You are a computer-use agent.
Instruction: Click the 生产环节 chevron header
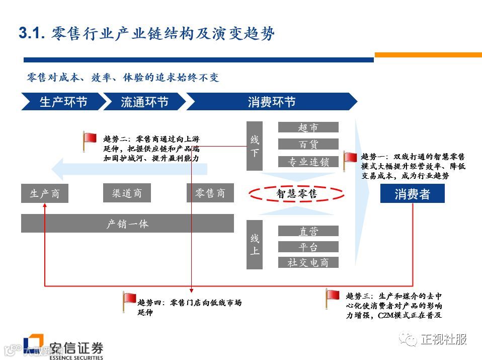click(x=63, y=102)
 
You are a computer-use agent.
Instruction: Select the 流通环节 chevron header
click(x=144, y=102)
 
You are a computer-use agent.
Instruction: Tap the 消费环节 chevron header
click(x=271, y=102)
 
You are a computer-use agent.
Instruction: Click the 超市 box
click(x=308, y=127)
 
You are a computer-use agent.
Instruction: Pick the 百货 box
click(x=308, y=145)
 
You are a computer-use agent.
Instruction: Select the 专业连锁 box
click(x=308, y=162)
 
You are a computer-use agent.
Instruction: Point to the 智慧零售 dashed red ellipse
click(x=296, y=193)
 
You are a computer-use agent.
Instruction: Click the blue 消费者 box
click(x=412, y=193)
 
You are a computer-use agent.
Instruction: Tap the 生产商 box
click(x=44, y=193)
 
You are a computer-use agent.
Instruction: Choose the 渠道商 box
click(x=127, y=193)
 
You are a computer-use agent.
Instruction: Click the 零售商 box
click(x=210, y=193)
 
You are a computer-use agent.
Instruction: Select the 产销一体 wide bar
click(x=127, y=223)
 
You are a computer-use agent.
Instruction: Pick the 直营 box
click(x=308, y=231)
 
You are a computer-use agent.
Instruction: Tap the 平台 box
click(x=308, y=247)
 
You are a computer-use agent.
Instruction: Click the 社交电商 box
click(x=308, y=262)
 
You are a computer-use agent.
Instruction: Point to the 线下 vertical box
click(x=255, y=146)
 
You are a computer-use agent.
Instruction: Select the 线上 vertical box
click(x=255, y=244)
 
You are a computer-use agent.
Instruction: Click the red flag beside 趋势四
click(x=130, y=300)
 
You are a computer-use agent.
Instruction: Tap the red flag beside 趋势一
click(x=350, y=159)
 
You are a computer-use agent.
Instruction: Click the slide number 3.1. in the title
click(x=32, y=34)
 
